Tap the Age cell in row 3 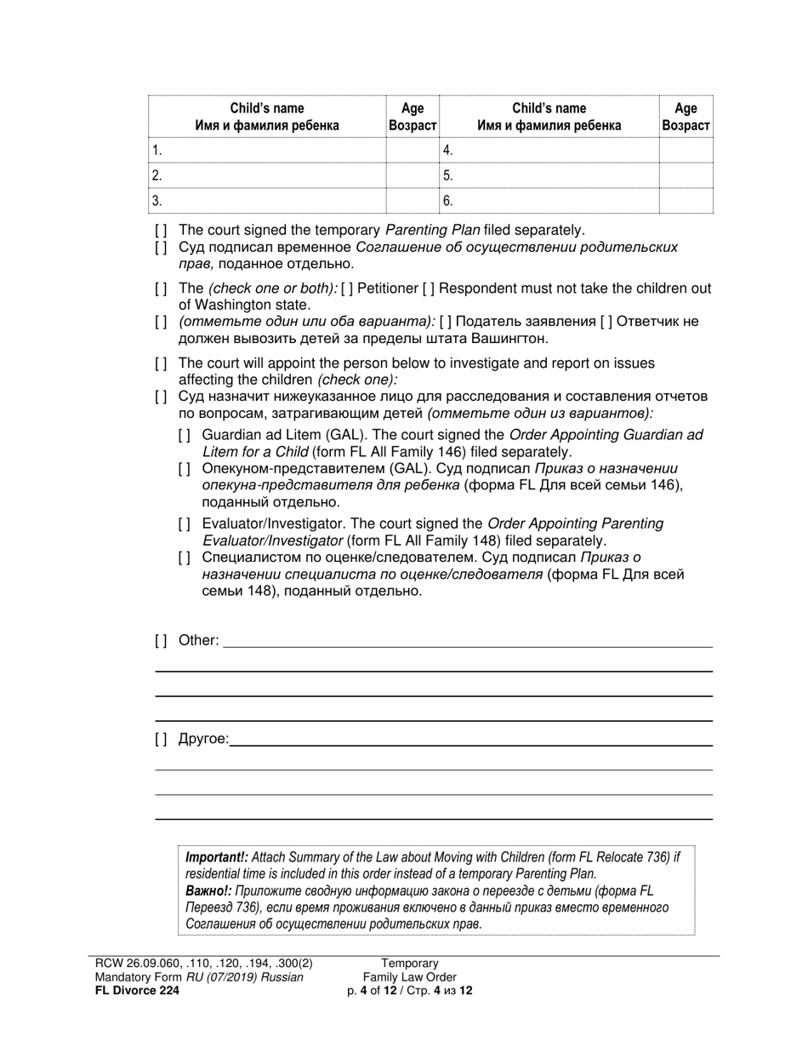click(x=413, y=201)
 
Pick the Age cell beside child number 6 click(x=686, y=201)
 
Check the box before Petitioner click(x=346, y=289)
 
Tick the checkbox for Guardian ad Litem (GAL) click(x=185, y=435)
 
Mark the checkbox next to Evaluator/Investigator click(x=185, y=523)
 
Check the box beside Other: click(x=161, y=640)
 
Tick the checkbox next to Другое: click(x=161, y=739)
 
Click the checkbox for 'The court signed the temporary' click(x=161, y=230)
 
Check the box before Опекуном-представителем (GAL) click(x=185, y=469)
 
